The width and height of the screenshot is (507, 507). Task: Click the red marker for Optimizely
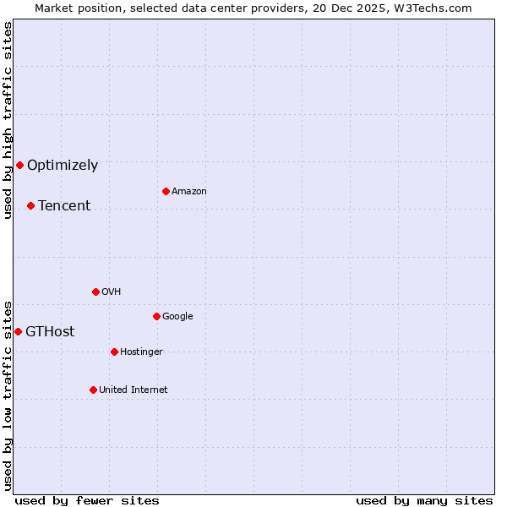point(19,165)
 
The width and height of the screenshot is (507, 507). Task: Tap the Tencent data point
point(30,205)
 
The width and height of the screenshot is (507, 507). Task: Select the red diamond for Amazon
point(166,191)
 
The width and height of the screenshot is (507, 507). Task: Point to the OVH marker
point(95,292)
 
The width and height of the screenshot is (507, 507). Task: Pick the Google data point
point(156,316)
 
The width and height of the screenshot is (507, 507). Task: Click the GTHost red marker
point(18,331)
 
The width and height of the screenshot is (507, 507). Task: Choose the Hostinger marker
point(114,352)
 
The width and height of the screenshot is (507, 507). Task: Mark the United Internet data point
point(93,390)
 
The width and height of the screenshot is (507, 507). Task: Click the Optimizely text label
point(63,166)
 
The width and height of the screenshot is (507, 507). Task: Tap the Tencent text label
point(64,206)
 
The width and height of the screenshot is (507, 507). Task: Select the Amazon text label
point(189,192)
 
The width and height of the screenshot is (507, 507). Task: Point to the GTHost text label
point(50,332)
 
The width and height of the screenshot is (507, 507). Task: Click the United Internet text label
point(134,390)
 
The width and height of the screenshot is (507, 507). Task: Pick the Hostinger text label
point(141,352)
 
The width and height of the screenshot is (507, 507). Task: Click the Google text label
point(177,317)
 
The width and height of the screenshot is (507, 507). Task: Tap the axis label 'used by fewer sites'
point(87,500)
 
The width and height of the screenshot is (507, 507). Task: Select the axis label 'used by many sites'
point(424,500)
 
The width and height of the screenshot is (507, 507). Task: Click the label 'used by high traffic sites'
point(8,120)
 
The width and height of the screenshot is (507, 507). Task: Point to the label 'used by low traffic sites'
point(8,395)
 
